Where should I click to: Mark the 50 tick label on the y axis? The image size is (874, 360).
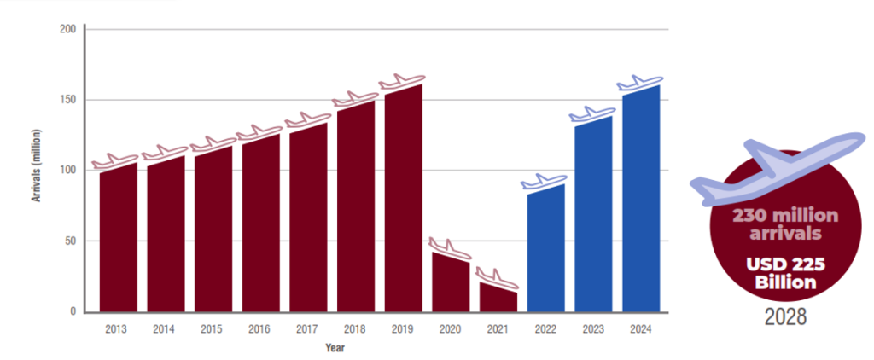point(70,241)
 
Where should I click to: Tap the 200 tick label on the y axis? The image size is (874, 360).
point(67,30)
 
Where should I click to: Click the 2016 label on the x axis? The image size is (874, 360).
point(260,328)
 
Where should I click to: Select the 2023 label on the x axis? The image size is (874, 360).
point(593,328)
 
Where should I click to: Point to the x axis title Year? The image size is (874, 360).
point(335,348)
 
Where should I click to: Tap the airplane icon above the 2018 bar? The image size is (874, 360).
point(354,99)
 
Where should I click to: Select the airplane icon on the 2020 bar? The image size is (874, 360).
point(450,250)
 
